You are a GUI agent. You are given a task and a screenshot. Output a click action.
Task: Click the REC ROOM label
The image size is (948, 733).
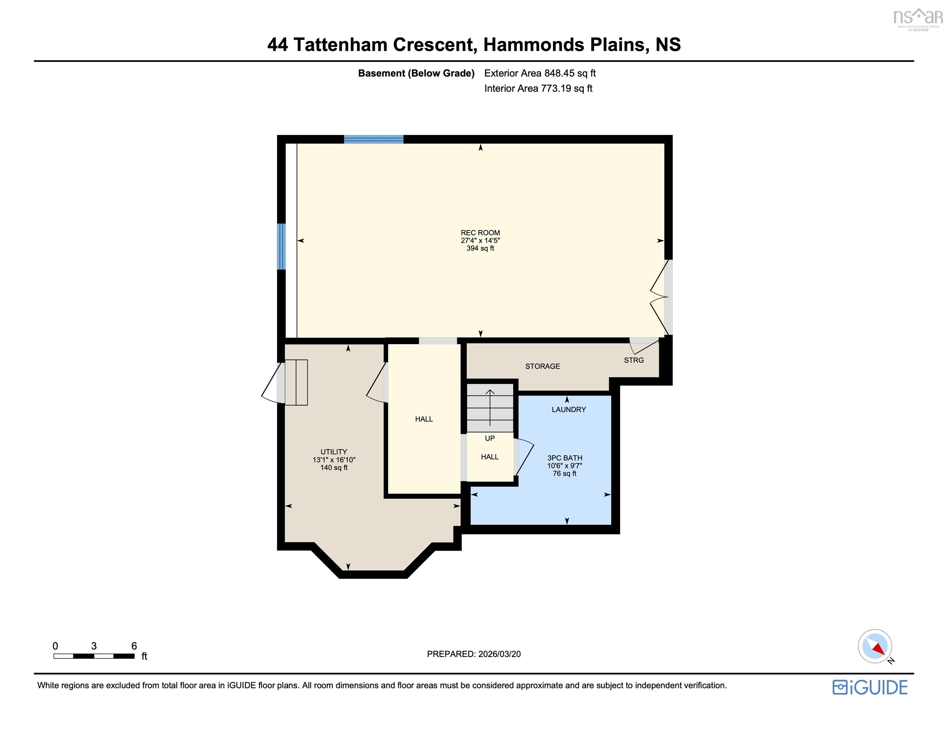coord(480,233)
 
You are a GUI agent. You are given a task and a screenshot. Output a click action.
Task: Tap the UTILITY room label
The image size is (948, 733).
coord(334,452)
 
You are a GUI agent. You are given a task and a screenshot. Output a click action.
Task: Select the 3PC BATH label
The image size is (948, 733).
coord(565,458)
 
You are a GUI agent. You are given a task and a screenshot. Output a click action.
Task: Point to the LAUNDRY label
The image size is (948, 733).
coord(569,409)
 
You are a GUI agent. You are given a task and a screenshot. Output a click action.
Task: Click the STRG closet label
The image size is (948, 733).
coord(634,360)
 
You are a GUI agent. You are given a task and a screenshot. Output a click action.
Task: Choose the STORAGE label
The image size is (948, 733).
coord(543,366)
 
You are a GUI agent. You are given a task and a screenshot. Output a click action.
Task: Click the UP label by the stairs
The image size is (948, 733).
coord(490,438)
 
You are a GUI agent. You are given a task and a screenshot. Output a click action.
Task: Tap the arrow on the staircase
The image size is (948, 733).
coord(490,408)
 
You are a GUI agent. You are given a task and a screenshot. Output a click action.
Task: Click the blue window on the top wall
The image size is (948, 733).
coord(374,139)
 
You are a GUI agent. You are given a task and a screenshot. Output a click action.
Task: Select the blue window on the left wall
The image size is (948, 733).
coord(282,246)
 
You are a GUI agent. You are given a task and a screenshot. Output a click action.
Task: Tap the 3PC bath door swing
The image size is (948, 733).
coord(524,457)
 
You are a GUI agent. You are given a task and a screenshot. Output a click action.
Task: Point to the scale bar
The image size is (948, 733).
coord(94,656)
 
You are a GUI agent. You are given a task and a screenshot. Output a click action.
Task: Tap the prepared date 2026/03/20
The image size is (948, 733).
coord(499,654)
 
